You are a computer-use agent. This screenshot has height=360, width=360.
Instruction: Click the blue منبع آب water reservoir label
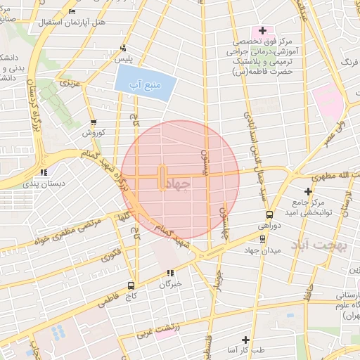pyautogui.click(x=145, y=84)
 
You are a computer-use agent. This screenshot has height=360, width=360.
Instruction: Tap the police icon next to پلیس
pyautogui.click(x=124, y=49)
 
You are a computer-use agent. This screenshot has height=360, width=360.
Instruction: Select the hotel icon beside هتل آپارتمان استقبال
pyautogui.click(x=73, y=12)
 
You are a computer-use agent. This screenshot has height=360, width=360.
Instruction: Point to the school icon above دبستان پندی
pyautogui.click(x=44, y=172)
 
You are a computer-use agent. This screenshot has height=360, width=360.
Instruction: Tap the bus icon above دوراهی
pyautogui.click(x=269, y=214)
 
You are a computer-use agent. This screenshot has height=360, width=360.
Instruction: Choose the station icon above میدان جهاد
pyautogui.click(x=262, y=238)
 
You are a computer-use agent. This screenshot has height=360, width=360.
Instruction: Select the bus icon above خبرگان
pyautogui.click(x=169, y=273)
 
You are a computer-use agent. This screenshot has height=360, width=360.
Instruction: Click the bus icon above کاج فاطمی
pyautogui.click(x=131, y=285)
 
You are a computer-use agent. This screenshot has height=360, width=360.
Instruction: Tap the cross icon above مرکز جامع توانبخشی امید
pyautogui.click(x=308, y=191)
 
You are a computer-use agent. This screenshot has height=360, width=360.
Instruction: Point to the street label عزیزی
pyautogui.click(x=70, y=84)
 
